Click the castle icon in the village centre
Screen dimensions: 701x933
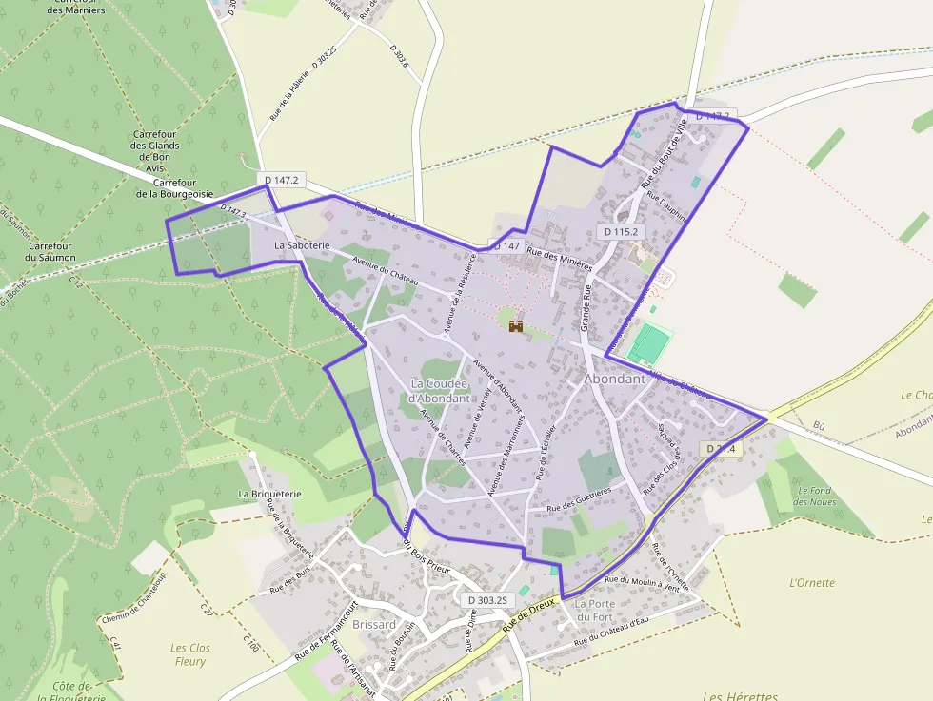pyautogui.click(x=516, y=326)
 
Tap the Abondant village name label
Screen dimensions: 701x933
pyautogui.click(x=615, y=378)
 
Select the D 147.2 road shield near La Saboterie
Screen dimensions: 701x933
pyautogui.click(x=282, y=180)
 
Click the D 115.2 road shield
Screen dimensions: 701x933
pyautogui.click(x=621, y=231)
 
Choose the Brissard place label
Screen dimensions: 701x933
pyautogui.click(x=374, y=624)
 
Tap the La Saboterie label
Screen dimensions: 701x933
pyautogui.click(x=302, y=244)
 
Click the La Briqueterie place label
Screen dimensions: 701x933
pyautogui.click(x=269, y=494)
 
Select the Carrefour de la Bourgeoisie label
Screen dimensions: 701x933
pyautogui.click(x=173, y=187)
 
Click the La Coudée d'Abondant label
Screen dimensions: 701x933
pyautogui.click(x=439, y=391)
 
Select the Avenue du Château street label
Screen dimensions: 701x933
pyautogui.click(x=385, y=270)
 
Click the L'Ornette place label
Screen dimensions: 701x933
pyautogui.click(x=812, y=583)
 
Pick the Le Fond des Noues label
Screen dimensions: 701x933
pyautogui.click(x=814, y=496)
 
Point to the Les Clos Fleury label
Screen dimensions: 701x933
pyautogui.click(x=190, y=654)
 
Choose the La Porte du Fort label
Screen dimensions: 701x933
pyautogui.click(x=595, y=610)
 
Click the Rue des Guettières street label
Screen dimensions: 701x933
pyautogui.click(x=580, y=500)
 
